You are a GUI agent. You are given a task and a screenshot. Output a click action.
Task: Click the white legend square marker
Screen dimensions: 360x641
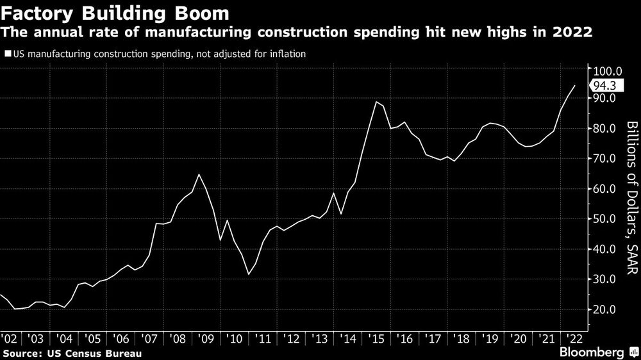pyautogui.click(x=8, y=54)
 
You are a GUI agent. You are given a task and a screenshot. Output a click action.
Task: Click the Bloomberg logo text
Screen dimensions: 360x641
pyautogui.click(x=593, y=352)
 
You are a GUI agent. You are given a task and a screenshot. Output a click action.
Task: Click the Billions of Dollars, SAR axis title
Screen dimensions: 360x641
pyautogui.click(x=632, y=199)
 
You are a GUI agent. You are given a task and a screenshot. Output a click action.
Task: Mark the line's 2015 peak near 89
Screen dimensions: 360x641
pyautogui.click(x=376, y=102)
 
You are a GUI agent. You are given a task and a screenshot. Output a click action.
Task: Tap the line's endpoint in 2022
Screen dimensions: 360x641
pyautogui.click(x=574, y=85)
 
